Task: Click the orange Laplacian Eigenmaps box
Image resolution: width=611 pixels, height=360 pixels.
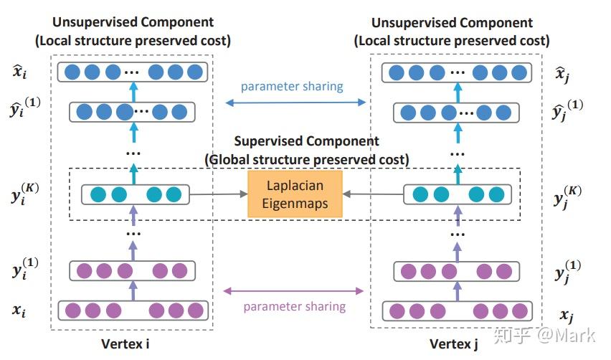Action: (x=295, y=194)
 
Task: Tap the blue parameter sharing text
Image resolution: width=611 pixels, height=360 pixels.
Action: (x=291, y=87)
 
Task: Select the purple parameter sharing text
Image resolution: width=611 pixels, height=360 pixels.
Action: (x=294, y=306)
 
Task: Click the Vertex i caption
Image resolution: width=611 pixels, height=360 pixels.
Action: (x=125, y=344)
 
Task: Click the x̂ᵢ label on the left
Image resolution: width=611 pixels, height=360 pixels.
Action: (x=21, y=71)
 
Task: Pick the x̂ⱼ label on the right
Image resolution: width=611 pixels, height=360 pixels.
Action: (x=564, y=72)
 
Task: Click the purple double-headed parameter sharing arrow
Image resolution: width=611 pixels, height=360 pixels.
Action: (x=294, y=291)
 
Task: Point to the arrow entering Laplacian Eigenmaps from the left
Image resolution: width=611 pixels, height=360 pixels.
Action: (x=218, y=194)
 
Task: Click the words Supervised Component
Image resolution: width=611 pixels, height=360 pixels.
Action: (x=306, y=141)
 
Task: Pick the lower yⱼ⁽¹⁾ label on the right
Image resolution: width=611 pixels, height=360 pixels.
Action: (x=569, y=272)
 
